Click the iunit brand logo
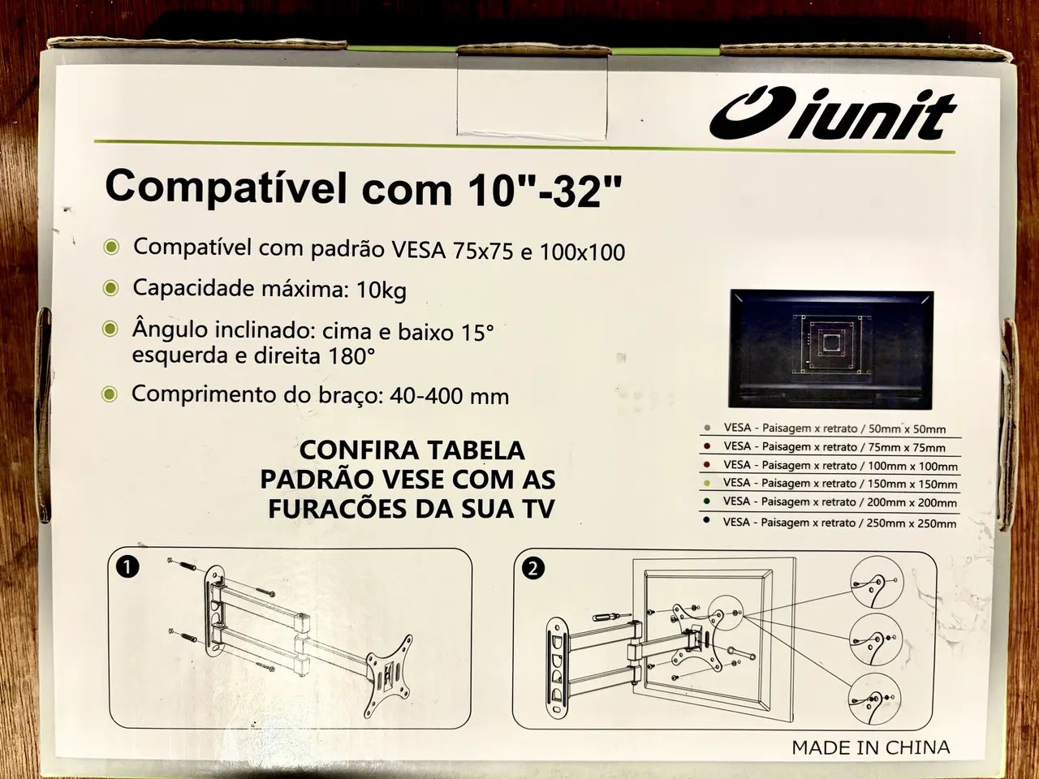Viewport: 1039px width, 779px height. (832, 116)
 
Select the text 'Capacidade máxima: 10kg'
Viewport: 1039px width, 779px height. (269, 288)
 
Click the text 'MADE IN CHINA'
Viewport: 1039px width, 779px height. (870, 747)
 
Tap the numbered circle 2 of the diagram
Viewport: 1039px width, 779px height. (532, 568)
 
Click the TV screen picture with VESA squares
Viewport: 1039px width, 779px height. (831, 349)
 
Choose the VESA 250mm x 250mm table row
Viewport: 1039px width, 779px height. (828, 523)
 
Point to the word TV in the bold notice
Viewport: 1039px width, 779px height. (538, 509)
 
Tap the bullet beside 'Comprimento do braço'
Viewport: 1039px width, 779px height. (111, 394)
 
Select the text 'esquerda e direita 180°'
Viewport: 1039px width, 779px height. (253, 355)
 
